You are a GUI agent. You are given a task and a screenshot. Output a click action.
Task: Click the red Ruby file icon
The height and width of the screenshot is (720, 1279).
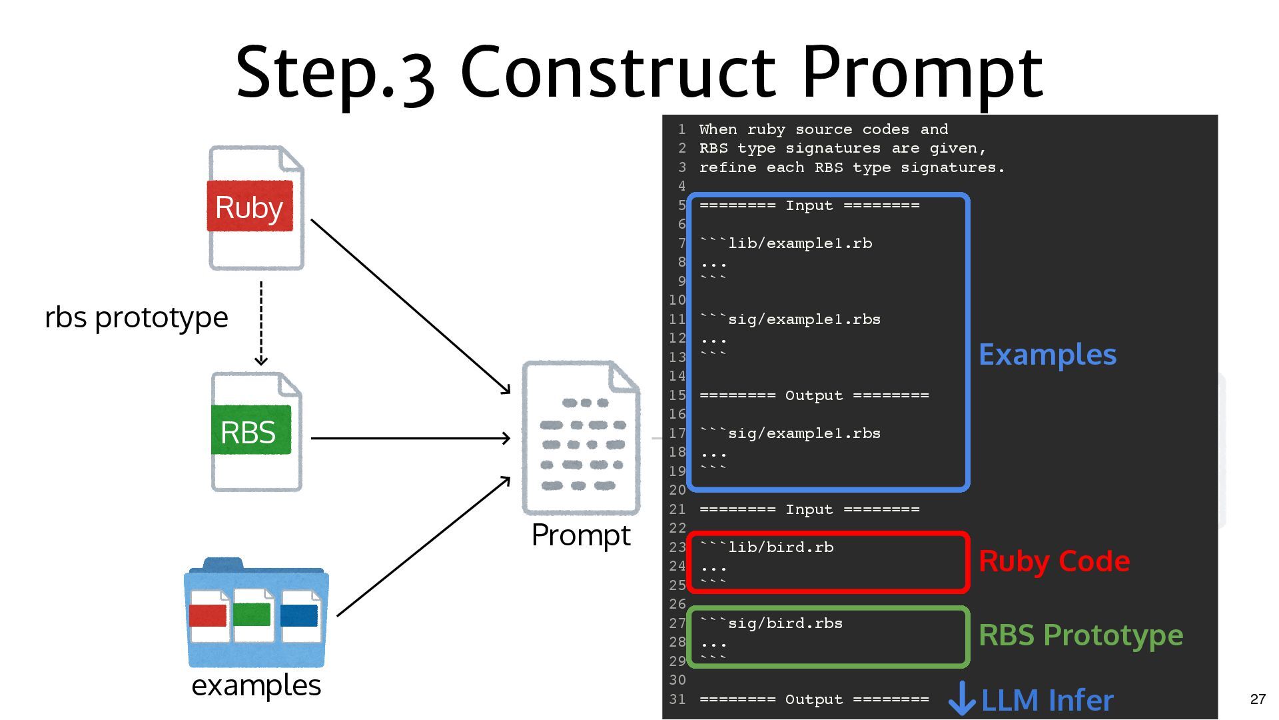pyautogui.click(x=256, y=207)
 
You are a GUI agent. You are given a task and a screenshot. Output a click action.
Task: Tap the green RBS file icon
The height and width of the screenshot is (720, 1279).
pyautogui.click(x=256, y=431)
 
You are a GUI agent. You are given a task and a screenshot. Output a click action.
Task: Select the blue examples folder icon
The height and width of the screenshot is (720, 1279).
pyautogui.click(x=256, y=613)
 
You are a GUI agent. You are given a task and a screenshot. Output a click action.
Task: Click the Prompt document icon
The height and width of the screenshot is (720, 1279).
pyautogui.click(x=581, y=438)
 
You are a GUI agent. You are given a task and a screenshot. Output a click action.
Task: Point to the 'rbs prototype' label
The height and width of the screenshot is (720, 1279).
pyautogui.click(x=137, y=317)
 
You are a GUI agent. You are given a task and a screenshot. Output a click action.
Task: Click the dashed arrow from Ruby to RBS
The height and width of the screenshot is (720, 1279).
pyautogui.click(x=261, y=323)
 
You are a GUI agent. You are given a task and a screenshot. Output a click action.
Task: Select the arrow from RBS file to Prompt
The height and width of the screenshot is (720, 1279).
pyautogui.click(x=410, y=438)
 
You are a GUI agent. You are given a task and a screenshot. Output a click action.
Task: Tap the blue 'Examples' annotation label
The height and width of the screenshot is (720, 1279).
pyautogui.click(x=1047, y=354)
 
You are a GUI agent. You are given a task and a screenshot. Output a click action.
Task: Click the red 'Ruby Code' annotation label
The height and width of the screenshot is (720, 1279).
pyautogui.click(x=1054, y=561)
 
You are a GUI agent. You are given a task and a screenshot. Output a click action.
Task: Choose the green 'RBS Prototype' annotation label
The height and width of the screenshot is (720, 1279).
pyautogui.click(x=1080, y=635)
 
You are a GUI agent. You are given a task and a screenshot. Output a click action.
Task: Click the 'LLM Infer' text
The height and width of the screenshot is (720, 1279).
pyautogui.click(x=1047, y=700)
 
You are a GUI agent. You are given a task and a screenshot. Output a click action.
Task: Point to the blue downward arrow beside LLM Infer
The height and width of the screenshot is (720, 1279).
pyautogui.click(x=961, y=698)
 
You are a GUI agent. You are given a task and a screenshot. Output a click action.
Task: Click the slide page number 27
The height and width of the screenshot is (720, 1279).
pyautogui.click(x=1258, y=699)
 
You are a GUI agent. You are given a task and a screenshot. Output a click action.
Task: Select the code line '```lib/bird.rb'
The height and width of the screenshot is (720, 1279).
pyautogui.click(x=767, y=547)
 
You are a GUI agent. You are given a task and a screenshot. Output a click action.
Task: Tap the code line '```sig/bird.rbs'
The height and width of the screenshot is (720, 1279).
pyautogui.click(x=771, y=623)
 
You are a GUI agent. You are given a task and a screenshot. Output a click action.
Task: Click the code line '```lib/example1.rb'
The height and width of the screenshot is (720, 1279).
pyautogui.click(x=786, y=243)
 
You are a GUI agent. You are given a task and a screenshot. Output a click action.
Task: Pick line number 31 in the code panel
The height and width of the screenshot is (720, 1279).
pyautogui.click(x=677, y=699)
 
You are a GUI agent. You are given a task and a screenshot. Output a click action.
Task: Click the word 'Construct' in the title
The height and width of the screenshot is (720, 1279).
pyautogui.click(x=618, y=71)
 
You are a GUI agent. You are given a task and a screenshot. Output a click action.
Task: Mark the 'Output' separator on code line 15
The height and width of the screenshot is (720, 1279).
pyautogui.click(x=813, y=395)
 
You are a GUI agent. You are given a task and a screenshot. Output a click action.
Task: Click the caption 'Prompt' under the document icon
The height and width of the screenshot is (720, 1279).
pyautogui.click(x=581, y=535)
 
